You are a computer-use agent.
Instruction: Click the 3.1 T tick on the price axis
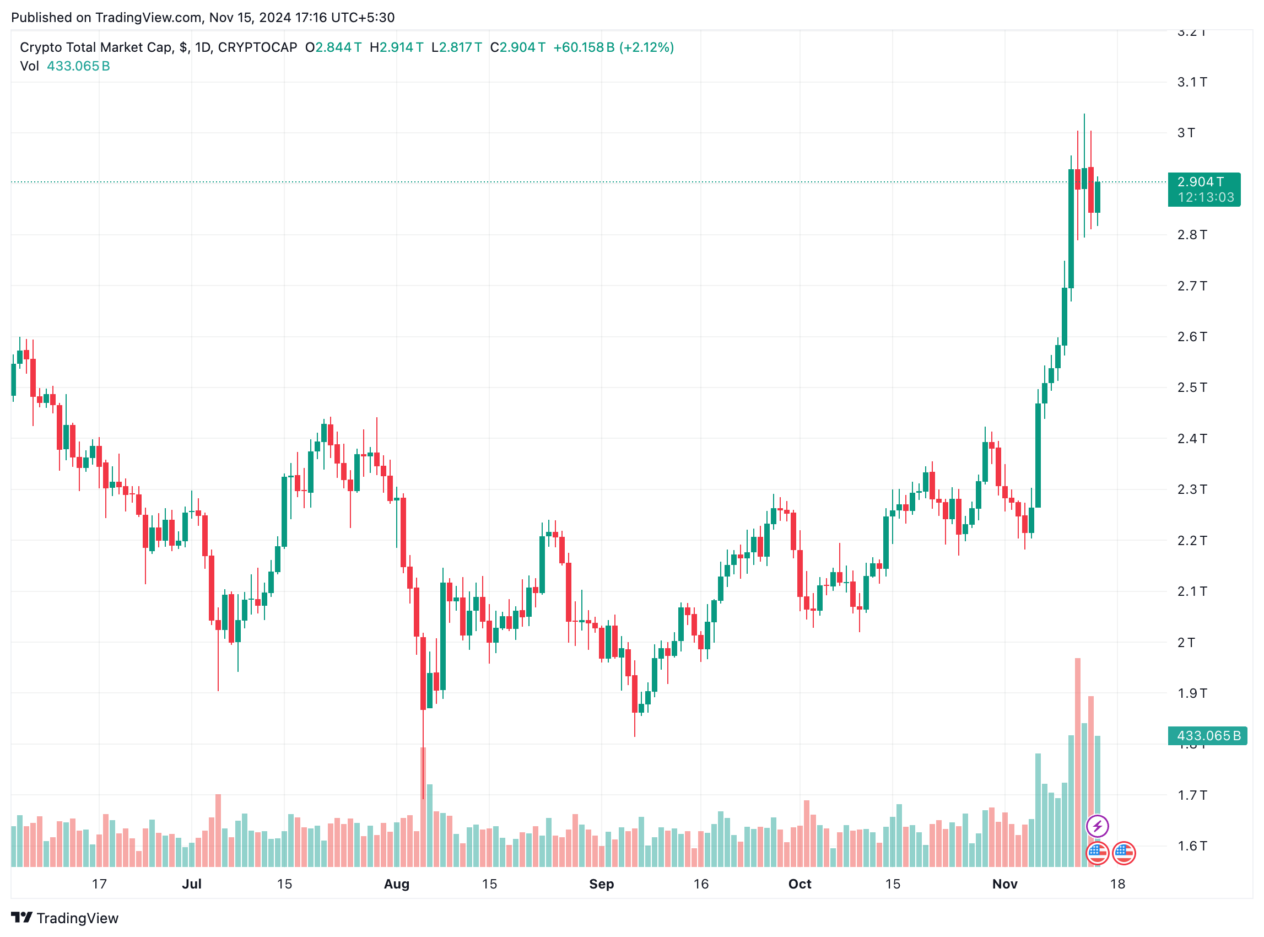point(1191,82)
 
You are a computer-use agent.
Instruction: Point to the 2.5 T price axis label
point(1191,387)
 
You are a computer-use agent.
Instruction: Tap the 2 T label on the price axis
point(1185,642)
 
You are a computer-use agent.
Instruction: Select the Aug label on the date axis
point(396,884)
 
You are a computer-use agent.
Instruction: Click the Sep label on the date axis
point(601,884)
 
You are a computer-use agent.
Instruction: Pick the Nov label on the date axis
point(1004,884)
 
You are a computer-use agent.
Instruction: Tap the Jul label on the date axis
point(192,884)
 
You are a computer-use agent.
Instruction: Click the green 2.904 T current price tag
point(1203,189)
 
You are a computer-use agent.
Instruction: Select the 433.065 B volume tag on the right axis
point(1207,736)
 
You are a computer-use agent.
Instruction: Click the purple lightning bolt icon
point(1096,826)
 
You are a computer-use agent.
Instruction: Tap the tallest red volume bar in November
point(1077,760)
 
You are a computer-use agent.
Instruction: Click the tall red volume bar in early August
point(423,805)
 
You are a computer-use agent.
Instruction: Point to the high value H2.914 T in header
point(396,47)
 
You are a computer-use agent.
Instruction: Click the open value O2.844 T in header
point(333,47)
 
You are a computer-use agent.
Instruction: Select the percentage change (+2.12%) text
point(646,47)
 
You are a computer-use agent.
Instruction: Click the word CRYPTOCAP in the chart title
point(257,47)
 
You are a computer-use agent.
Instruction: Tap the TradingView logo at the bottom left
point(64,918)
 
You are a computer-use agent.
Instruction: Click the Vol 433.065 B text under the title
point(64,66)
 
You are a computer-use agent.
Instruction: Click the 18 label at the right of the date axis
point(1116,884)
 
